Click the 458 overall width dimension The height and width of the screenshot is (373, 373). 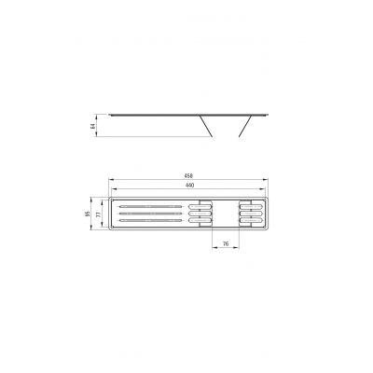[188, 176]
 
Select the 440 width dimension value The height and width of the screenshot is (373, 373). [189, 185]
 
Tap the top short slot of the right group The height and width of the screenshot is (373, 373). [250, 204]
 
